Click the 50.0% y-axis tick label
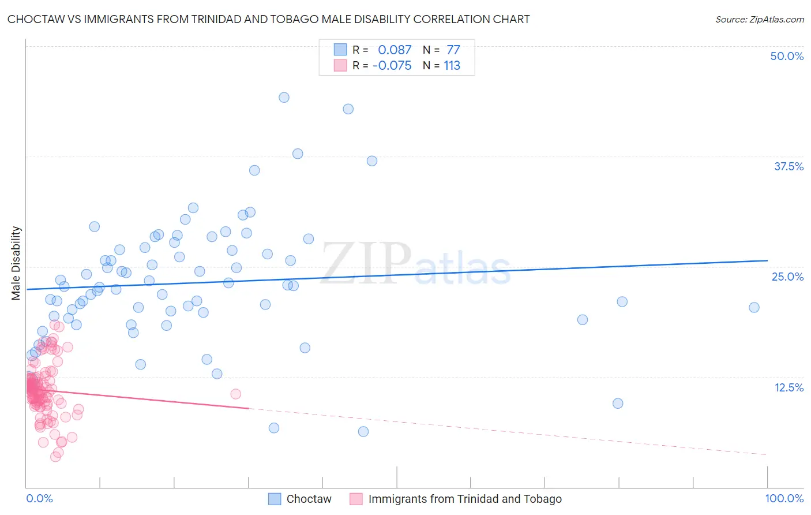click(787, 56)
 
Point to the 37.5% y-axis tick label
click(789, 166)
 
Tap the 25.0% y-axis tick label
click(787, 277)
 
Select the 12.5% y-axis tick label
click(789, 387)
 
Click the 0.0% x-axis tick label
click(39, 498)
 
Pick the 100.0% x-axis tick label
click(784, 498)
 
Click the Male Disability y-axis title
click(16, 263)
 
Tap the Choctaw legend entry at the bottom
click(309, 499)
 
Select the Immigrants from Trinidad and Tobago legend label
click(464, 499)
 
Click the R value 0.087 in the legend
click(395, 50)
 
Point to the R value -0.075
click(392, 66)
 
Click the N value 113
click(452, 66)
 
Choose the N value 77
click(453, 50)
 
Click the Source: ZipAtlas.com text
click(759, 20)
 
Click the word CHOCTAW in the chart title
click(36, 20)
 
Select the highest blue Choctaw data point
click(284, 97)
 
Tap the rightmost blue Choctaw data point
click(754, 307)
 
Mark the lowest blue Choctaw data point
click(363, 431)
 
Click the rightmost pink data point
click(235, 394)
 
